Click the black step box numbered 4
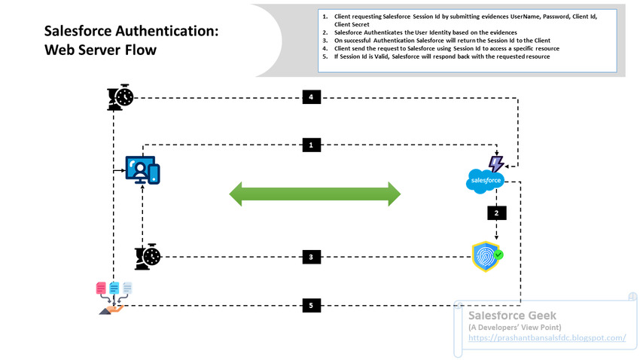[x=312, y=97]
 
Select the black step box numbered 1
[x=312, y=145]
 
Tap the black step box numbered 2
[x=497, y=213]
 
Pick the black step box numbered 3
[x=312, y=257]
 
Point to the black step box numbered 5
[x=312, y=305]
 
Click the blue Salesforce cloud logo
[x=485, y=181]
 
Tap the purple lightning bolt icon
[x=496, y=163]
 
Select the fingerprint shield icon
[x=487, y=256]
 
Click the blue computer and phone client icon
[x=142, y=169]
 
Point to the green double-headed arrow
[x=315, y=194]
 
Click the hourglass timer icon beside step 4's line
[x=120, y=97]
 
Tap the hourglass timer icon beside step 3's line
[x=148, y=257]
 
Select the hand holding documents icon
[x=114, y=298]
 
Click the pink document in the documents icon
[x=101, y=288]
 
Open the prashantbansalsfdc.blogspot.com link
[x=547, y=338]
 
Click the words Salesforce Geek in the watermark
[x=512, y=316]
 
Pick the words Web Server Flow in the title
[x=100, y=50]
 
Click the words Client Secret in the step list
[x=352, y=25]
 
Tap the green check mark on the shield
[x=498, y=255]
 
